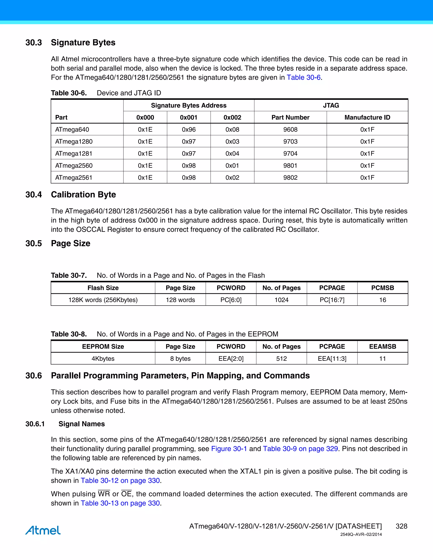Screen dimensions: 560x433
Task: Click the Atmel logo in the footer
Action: point(43,530)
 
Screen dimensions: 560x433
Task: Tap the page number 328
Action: point(401,526)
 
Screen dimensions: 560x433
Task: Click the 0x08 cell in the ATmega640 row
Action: point(232,130)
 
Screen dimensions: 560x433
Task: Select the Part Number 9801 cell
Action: point(290,166)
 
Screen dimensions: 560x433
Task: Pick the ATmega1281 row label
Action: point(74,154)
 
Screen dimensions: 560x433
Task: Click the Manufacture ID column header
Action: point(367,117)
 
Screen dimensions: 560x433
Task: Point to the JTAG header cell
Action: point(331,105)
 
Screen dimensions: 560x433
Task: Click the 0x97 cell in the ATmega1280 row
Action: point(189,142)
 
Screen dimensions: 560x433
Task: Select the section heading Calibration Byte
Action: point(83,195)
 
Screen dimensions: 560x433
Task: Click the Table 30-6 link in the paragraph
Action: point(303,77)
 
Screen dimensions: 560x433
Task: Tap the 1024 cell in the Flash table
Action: point(281,300)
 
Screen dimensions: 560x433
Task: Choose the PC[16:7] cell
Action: point(332,300)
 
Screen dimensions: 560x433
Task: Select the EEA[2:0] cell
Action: point(231,358)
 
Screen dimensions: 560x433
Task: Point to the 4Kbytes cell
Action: point(103,358)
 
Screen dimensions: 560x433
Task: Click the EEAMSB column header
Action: point(382,346)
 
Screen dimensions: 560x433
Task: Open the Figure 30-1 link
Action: point(229,449)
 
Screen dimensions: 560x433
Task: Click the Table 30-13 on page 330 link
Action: point(120,503)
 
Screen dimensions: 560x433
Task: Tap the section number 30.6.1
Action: point(35,424)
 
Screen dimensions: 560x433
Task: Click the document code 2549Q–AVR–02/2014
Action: point(361,534)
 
